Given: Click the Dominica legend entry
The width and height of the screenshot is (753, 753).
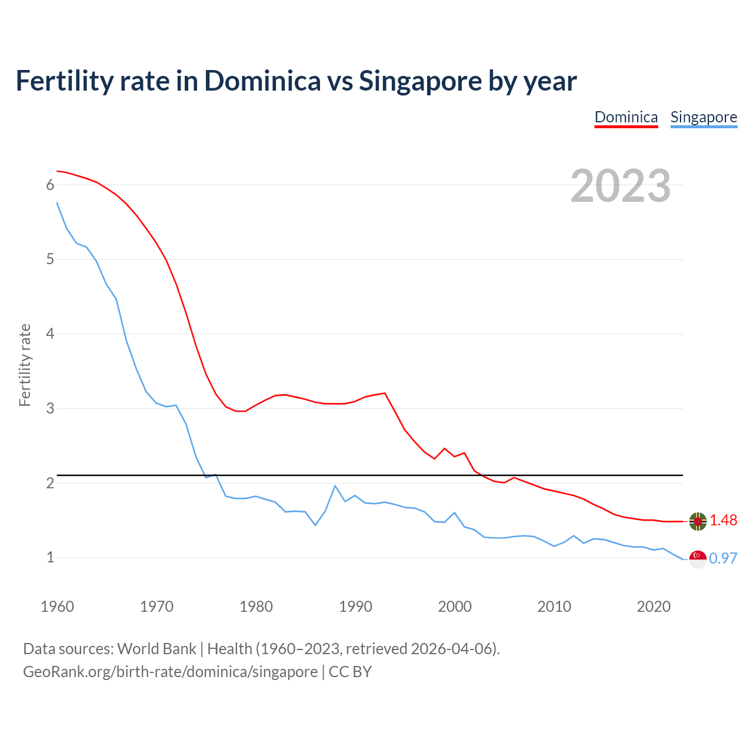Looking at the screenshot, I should point(626,117).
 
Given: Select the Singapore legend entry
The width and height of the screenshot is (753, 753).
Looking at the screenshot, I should point(704,117).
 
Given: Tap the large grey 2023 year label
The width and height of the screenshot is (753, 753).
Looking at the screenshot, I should point(621,186).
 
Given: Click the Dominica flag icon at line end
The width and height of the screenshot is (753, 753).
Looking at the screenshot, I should point(698,521).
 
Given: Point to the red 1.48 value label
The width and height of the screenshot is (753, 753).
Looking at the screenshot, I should point(723,521).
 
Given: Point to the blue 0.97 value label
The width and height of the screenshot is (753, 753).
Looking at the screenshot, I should point(723,559).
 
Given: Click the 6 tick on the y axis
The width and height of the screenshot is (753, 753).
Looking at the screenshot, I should point(50,185).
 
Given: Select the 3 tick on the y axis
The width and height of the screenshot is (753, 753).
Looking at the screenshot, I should point(50,408).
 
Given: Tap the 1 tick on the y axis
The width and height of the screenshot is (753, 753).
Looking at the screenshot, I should point(50,557).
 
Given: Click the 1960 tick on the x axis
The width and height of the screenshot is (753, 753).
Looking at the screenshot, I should point(57,607).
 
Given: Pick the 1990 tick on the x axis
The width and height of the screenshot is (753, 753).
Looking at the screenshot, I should point(355,607).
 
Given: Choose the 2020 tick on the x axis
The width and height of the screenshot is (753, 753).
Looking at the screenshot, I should point(654,607).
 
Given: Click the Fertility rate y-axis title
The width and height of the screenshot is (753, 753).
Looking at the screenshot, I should point(25,365).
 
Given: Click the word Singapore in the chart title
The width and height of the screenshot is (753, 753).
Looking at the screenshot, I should point(419,81).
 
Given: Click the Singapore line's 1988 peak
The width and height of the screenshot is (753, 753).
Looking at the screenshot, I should point(335,486).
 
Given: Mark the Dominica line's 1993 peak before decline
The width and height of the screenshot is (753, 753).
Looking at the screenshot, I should point(385,393).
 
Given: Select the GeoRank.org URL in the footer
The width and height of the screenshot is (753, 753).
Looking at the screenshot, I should point(170,672).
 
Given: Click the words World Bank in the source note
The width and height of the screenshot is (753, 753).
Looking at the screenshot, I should point(156,649).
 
